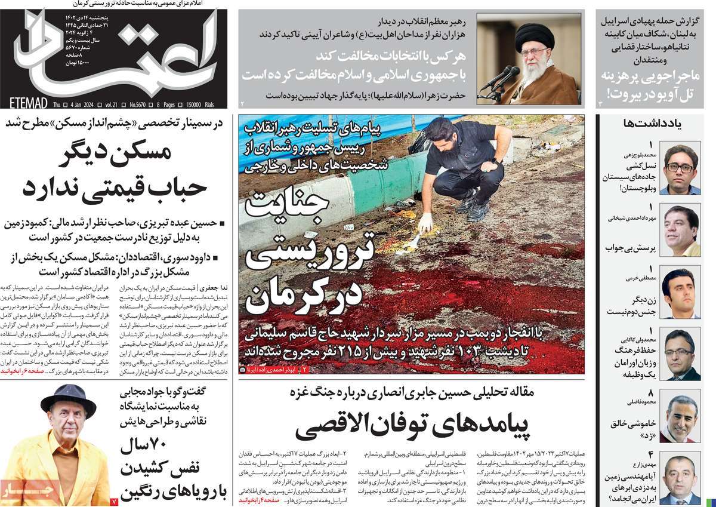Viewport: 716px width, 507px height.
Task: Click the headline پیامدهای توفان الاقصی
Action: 412,426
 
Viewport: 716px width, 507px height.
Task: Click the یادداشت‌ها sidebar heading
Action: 655,124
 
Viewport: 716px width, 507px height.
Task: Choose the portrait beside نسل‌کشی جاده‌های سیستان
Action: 680,168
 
